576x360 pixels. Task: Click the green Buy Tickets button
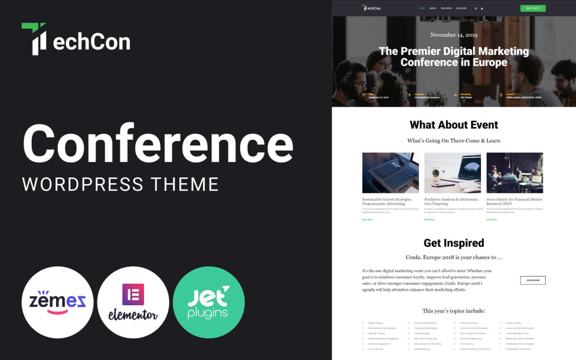(533, 8)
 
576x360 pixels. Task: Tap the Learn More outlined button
(533, 280)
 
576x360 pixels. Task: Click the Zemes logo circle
(57, 302)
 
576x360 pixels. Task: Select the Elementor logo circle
(133, 302)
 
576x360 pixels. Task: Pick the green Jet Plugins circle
(209, 302)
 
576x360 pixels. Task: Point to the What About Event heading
(454, 125)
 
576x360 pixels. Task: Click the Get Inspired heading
(454, 243)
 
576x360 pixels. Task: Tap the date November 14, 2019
(454, 35)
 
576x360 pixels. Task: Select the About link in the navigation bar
(433, 8)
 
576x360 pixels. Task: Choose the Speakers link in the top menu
(446, 8)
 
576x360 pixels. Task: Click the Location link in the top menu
(461, 8)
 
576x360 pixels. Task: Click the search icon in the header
(476, 8)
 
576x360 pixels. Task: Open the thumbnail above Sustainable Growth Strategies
(390, 173)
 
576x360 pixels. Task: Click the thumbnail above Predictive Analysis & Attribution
(453, 173)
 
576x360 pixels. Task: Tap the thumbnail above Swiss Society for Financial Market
(515, 173)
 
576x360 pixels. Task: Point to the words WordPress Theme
(120, 184)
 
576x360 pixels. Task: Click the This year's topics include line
(454, 311)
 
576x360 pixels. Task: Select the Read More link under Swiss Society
(492, 219)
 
